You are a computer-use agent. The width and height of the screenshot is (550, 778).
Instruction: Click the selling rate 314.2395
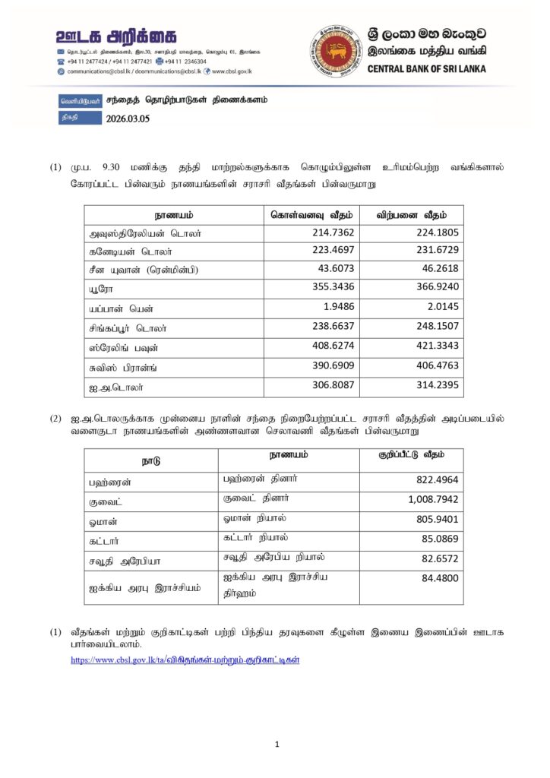[x=435, y=385]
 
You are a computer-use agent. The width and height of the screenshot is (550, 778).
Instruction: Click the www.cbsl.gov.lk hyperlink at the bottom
[x=185, y=660]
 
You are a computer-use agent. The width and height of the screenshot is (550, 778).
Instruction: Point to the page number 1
[x=277, y=745]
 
